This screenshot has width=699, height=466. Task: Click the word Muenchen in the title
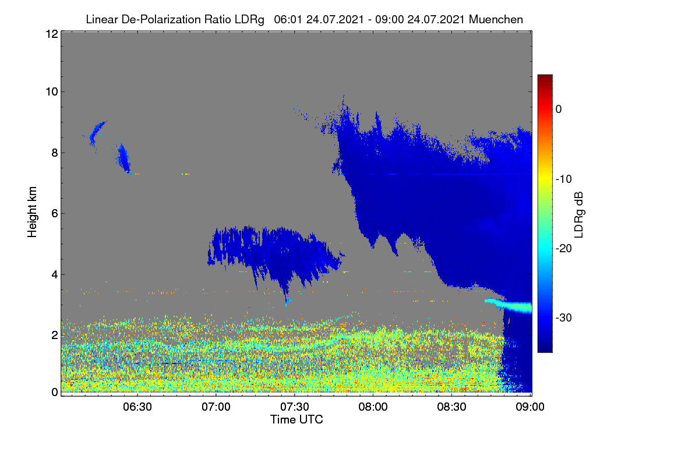[496, 19]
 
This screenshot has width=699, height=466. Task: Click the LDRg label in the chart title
[249, 20]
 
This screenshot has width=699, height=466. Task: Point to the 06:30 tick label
[137, 407]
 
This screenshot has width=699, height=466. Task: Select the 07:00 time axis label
[216, 407]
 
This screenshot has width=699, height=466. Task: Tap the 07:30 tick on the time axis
[295, 407]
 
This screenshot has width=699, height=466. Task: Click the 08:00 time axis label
[373, 407]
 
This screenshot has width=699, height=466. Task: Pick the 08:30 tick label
[451, 407]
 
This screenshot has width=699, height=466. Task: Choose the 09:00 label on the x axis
[530, 407]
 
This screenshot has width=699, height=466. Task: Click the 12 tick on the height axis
[52, 34]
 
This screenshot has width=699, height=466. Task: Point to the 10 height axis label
[52, 92]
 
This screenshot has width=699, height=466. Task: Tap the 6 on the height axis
[55, 214]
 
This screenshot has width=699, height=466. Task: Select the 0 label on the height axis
[55, 393]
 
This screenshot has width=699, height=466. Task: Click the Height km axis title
[32, 212]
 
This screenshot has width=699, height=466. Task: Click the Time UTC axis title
[296, 419]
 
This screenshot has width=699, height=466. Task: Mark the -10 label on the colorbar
[564, 179]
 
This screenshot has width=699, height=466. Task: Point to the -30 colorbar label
[564, 317]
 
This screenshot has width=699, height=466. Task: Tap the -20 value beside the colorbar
[564, 249]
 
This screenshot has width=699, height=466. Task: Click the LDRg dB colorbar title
[579, 215]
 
